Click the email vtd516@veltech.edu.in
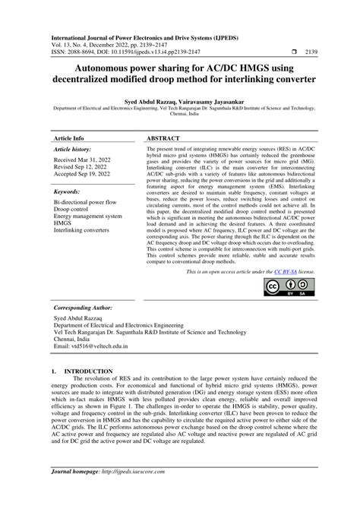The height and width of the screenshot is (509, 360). click(x=90, y=346)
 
